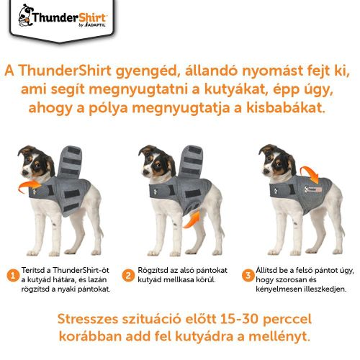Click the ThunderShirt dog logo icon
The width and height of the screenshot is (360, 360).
point(24,13)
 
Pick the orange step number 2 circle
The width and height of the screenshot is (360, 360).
point(128,274)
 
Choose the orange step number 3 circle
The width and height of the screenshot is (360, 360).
point(247,274)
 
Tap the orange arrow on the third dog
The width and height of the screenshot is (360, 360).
point(311,174)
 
